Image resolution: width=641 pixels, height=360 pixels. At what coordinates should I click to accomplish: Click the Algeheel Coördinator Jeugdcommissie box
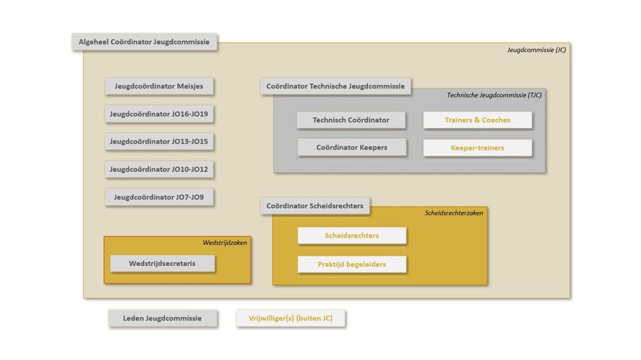click(x=144, y=42)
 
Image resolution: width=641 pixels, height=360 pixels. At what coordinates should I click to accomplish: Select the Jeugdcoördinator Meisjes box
click(x=159, y=86)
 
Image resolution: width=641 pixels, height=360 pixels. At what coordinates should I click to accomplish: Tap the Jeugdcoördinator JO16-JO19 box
click(x=159, y=114)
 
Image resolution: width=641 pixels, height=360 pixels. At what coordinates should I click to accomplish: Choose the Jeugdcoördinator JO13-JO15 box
click(x=159, y=142)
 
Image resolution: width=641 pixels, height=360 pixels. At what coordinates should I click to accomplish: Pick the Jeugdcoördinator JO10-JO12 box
click(x=159, y=170)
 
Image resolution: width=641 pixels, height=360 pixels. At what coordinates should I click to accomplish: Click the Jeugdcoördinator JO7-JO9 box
click(x=159, y=197)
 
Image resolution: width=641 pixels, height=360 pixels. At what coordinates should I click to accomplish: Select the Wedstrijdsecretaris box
click(x=162, y=263)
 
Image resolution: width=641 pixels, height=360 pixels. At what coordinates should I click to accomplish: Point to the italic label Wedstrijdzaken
click(x=224, y=242)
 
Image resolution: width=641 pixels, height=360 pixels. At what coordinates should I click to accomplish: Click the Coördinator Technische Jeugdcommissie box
click(x=336, y=86)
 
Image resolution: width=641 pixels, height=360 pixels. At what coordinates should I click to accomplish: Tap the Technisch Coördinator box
click(x=351, y=120)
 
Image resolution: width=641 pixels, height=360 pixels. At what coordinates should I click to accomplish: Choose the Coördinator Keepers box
click(x=351, y=147)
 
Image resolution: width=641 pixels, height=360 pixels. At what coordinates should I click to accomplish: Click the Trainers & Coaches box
click(x=478, y=120)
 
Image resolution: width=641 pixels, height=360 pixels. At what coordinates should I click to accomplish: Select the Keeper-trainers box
click(x=478, y=148)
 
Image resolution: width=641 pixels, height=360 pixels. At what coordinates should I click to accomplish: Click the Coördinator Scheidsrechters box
click(x=315, y=206)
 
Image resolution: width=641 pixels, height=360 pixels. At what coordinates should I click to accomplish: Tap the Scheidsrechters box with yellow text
click(x=351, y=235)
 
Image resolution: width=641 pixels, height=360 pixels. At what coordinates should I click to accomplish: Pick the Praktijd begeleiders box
click(x=351, y=264)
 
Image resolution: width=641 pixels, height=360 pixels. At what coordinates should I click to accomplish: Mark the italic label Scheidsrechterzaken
click(x=454, y=213)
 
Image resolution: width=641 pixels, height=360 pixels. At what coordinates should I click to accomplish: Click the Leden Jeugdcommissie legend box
click(x=162, y=318)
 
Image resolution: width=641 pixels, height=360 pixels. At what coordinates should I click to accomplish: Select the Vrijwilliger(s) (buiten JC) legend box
click(x=290, y=318)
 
